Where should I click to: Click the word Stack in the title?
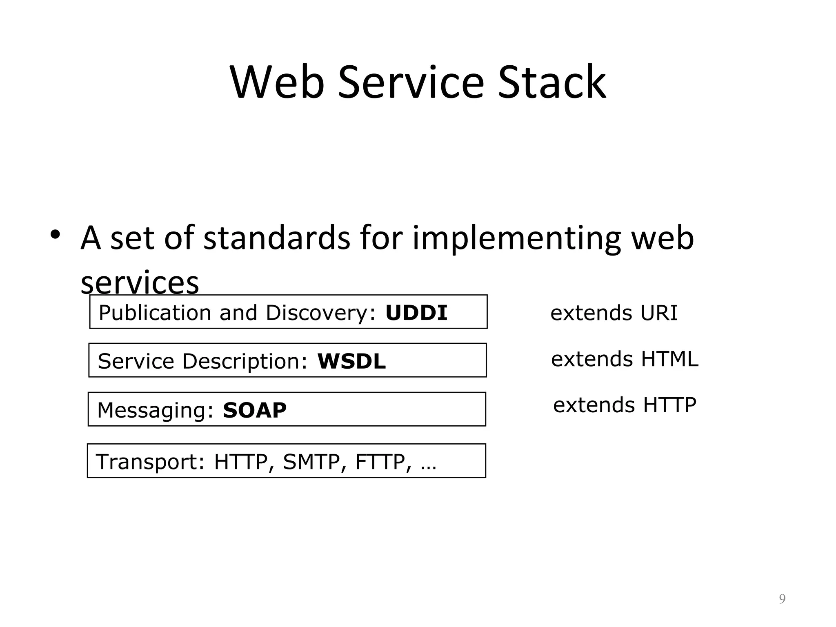pos(552,82)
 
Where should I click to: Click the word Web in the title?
pos(277,82)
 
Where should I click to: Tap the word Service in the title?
pos(411,82)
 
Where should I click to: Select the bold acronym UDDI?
pos(416,313)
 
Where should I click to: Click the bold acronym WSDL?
pos(351,362)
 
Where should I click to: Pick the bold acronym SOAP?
pos(255,410)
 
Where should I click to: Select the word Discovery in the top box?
pos(317,313)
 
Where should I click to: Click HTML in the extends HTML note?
pos(669,359)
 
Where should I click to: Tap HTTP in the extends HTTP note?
pos(669,405)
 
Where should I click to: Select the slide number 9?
pos(782,599)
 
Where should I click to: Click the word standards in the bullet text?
pos(277,238)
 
